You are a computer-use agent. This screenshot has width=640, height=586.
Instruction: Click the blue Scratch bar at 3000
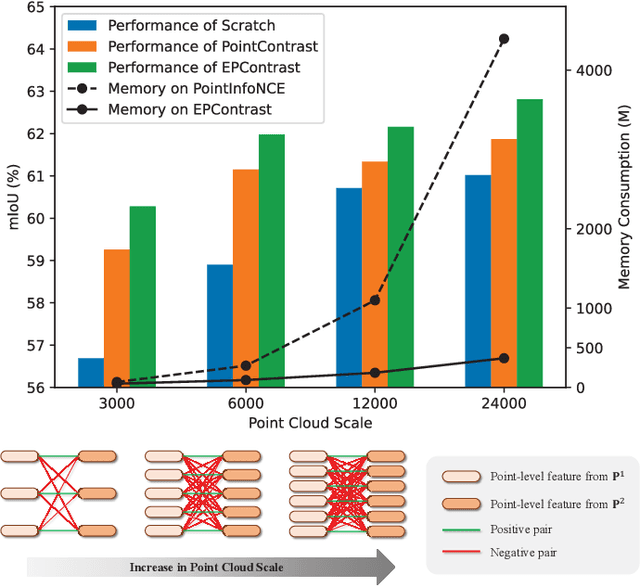click(x=91, y=372)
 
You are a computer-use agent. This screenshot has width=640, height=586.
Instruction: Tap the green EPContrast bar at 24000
click(x=529, y=243)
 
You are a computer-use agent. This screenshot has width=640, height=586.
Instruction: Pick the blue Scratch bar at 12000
click(x=349, y=287)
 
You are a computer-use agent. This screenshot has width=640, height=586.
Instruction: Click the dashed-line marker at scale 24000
click(x=504, y=39)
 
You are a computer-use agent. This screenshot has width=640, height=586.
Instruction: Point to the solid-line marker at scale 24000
click(x=504, y=358)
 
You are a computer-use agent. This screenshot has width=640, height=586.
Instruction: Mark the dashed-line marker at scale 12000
click(x=375, y=300)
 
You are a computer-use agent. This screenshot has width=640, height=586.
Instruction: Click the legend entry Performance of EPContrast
click(x=209, y=67)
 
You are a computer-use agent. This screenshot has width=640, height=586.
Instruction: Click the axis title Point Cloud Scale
click(x=310, y=423)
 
